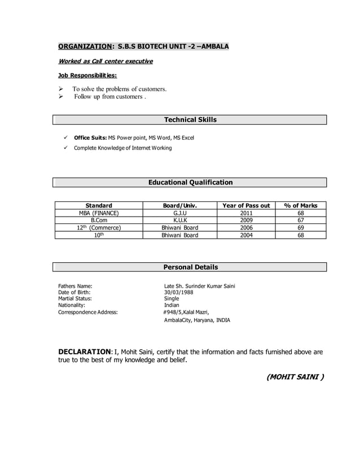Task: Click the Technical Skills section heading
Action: (190, 120)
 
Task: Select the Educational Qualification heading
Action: (190, 182)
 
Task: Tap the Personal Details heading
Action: (190, 267)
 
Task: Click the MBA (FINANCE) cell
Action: (99, 213)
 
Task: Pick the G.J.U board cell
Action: (180, 213)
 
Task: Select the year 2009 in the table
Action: (247, 221)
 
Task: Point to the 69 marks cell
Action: (301, 228)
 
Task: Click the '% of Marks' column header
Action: (301, 205)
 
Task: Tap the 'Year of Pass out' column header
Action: (247, 205)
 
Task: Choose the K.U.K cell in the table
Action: (180, 221)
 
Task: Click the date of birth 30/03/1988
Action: (178, 293)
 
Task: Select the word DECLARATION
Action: (85, 352)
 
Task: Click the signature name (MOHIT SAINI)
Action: (295, 376)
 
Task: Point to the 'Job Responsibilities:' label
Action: (88, 75)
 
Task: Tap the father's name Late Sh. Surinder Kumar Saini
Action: (199, 286)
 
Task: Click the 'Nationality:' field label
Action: (72, 305)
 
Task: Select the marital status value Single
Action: (172, 299)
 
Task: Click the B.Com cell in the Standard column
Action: (99, 221)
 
